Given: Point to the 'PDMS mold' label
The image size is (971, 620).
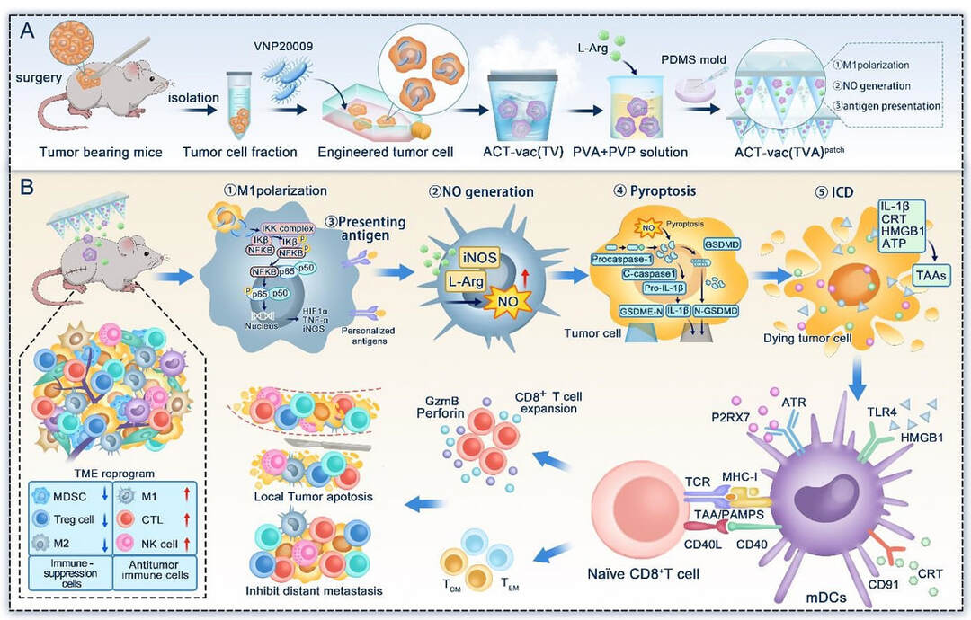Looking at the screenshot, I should [x=699, y=58].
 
